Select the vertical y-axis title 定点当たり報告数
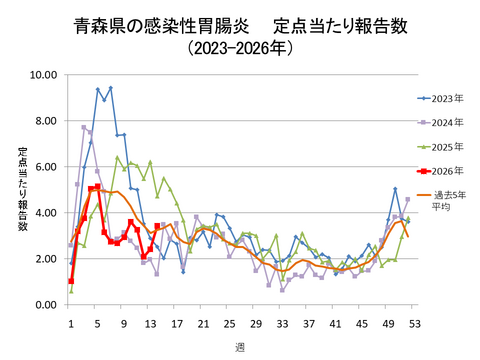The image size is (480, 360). (23, 190)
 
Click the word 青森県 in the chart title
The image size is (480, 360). (97, 22)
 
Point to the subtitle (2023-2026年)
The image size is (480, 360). (241, 47)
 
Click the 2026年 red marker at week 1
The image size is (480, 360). (71, 281)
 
